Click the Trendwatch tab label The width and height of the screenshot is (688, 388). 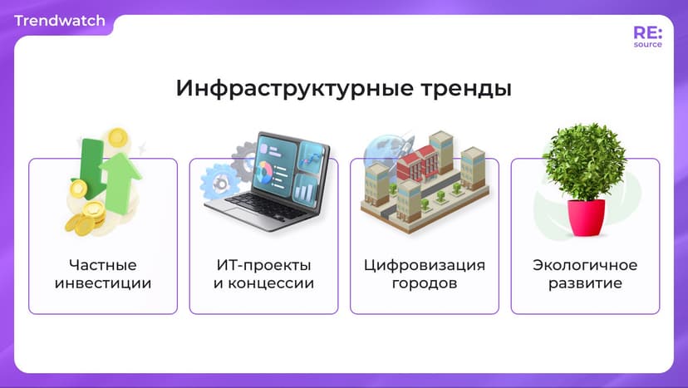pos(60,21)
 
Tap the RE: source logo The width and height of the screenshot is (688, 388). pos(647,37)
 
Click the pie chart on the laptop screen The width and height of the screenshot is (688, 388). pos(265,173)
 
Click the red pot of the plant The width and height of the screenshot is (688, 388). pos(586,218)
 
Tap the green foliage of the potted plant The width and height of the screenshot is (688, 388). pos(584,162)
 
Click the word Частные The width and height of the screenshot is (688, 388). pos(103,266)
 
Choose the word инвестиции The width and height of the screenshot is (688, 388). pos(103,284)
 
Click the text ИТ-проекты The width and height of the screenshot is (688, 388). pos(263,266)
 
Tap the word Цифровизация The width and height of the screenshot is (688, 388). pos(425,266)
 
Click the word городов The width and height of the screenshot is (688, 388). pos(425,284)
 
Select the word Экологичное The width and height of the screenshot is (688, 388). pos(585,266)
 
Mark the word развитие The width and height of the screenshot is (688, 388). pos(585,284)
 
